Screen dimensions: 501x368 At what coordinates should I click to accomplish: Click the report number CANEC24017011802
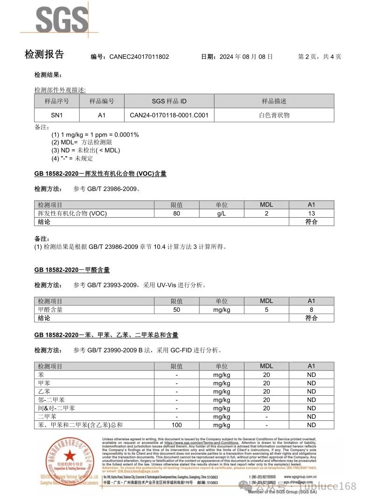[x=139, y=57]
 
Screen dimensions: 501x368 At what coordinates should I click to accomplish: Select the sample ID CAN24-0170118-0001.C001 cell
[x=169, y=115]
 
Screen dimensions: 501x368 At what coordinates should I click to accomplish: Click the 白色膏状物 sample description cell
[x=274, y=115]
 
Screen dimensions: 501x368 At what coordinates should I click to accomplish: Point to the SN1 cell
[x=56, y=115]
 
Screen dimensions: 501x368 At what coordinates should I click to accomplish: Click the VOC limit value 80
[x=176, y=213]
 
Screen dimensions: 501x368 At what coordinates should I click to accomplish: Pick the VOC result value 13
[x=311, y=213]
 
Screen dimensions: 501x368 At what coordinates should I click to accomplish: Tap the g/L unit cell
[x=221, y=213]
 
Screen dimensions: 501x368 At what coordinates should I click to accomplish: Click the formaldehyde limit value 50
[x=176, y=309]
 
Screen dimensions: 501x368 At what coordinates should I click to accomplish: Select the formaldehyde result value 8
[x=311, y=309]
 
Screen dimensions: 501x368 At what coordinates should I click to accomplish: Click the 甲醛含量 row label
[x=50, y=309]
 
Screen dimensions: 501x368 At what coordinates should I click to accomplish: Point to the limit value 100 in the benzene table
[x=176, y=425]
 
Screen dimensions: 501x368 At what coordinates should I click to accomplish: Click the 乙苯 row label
[x=44, y=391]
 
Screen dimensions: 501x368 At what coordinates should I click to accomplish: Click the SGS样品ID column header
[x=169, y=101]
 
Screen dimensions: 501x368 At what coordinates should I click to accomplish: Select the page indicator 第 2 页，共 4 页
[x=319, y=57]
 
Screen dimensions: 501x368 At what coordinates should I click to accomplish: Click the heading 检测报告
[x=44, y=55]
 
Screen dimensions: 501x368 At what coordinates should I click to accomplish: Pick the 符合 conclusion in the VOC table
[x=311, y=222]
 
